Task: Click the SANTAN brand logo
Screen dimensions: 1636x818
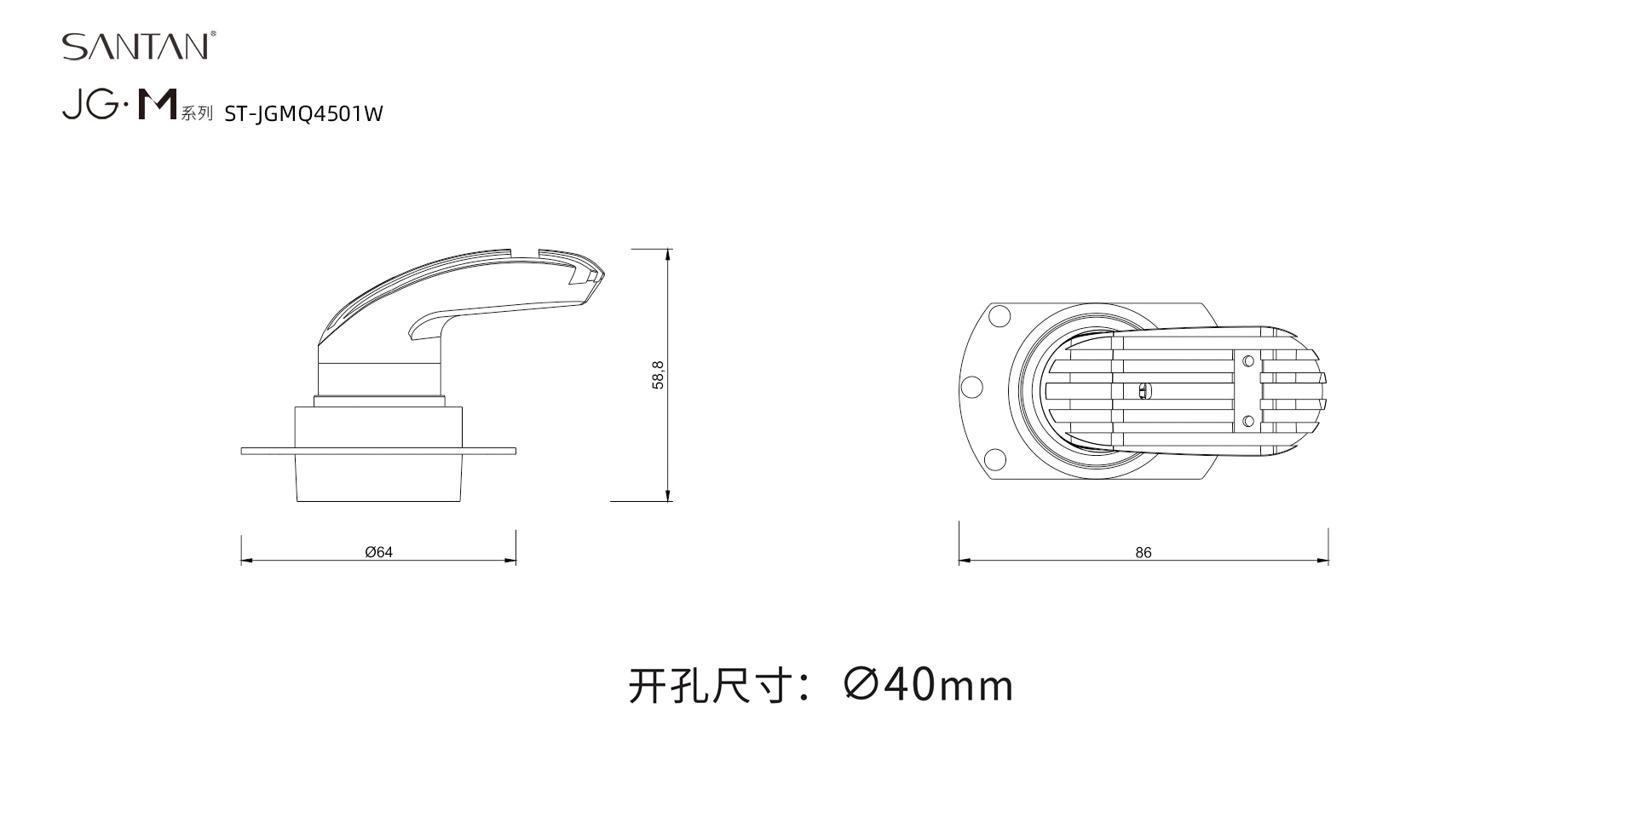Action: click(135, 46)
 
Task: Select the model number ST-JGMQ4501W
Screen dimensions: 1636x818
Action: click(303, 114)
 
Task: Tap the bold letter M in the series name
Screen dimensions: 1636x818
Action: click(158, 105)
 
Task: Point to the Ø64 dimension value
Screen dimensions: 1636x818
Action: click(379, 552)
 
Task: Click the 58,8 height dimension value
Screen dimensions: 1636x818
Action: click(658, 375)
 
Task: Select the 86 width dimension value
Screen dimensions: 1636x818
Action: click(1143, 553)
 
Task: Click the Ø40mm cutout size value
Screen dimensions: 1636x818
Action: click(929, 684)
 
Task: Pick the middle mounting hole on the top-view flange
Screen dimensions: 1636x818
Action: click(971, 388)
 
